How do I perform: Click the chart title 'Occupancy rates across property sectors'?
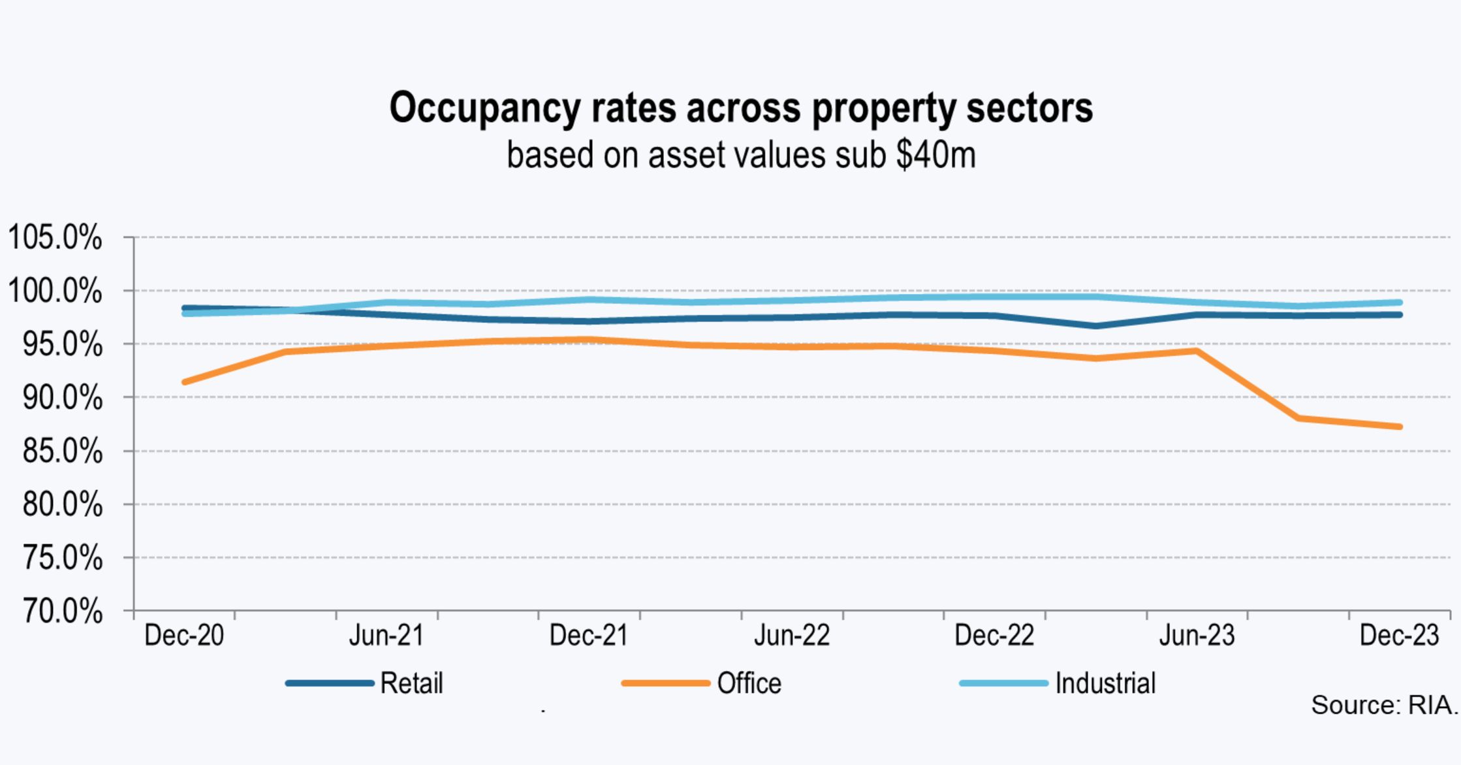pyautogui.click(x=741, y=108)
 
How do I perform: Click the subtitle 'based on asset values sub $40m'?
pyautogui.click(x=741, y=155)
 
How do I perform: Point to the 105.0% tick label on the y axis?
pyautogui.click(x=55, y=237)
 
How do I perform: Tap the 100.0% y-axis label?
pyautogui.click(x=55, y=291)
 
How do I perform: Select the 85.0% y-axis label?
pyautogui.click(x=62, y=451)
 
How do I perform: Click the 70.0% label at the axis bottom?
pyautogui.click(x=62, y=611)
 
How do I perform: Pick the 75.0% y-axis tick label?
pyautogui.click(x=62, y=558)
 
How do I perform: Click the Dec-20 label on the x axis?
pyautogui.click(x=184, y=635)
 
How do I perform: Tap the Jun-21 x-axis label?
pyautogui.click(x=386, y=635)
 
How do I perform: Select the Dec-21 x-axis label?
pyautogui.click(x=589, y=635)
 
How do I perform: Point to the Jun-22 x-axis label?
pyautogui.click(x=792, y=635)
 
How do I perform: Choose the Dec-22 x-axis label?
pyautogui.click(x=994, y=635)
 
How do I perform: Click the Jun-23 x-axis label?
pyautogui.click(x=1197, y=635)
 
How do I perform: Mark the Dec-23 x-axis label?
pyautogui.click(x=1399, y=635)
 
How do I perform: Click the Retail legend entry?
pyautogui.click(x=411, y=683)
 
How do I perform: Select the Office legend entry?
pyautogui.click(x=749, y=683)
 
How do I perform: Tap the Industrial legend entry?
pyautogui.click(x=1105, y=683)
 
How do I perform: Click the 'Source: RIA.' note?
pyautogui.click(x=1384, y=706)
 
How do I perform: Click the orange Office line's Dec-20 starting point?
pyautogui.click(x=185, y=382)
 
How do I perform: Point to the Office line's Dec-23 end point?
pyautogui.click(x=1400, y=427)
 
